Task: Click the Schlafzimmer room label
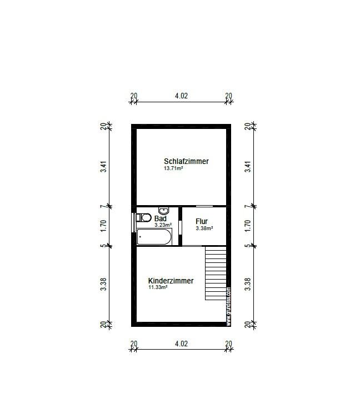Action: [186, 161]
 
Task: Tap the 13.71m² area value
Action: [173, 168]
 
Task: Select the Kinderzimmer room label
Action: [171, 281]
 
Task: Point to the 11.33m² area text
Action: [158, 287]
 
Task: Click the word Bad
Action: [161, 218]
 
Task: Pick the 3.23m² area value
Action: [163, 225]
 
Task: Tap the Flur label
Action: [202, 221]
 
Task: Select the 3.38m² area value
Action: [204, 228]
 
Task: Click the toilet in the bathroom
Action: [144, 217]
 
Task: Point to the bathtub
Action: [154, 237]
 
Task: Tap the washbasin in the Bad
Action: [164, 211]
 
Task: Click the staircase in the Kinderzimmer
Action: [216, 273]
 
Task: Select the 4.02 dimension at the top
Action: [182, 96]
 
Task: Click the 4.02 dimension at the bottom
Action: [182, 344]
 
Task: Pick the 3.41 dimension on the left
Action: [103, 167]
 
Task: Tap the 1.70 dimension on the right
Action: [248, 225]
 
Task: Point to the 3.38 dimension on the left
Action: [103, 285]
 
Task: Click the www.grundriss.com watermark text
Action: [228, 307]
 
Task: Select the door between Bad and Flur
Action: [181, 227]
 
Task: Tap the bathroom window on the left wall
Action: [133, 222]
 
